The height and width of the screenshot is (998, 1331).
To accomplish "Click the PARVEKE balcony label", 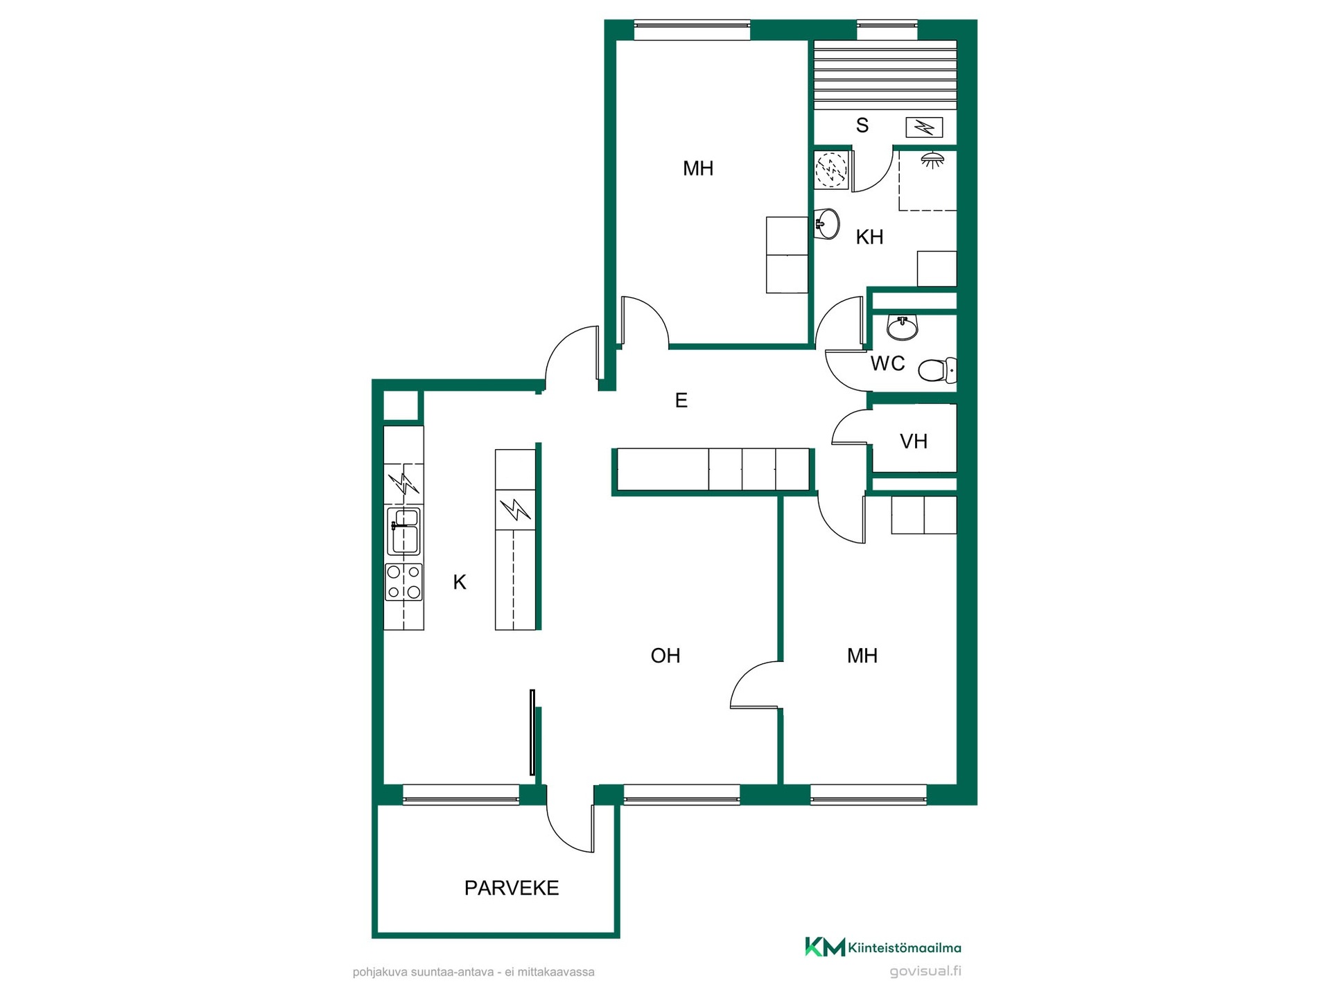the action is [x=512, y=888].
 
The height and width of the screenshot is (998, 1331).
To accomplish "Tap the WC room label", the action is [x=888, y=364].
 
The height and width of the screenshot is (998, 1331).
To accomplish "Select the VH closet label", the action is [x=914, y=441].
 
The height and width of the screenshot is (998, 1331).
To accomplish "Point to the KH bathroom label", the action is [x=869, y=237].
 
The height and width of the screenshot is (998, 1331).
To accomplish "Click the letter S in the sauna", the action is [x=862, y=125].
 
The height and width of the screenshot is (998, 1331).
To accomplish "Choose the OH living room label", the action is [x=665, y=656].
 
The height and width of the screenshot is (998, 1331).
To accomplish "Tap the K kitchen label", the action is [x=460, y=582].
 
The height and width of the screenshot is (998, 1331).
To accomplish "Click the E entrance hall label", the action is [x=681, y=400].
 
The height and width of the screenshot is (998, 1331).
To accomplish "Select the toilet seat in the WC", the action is [x=937, y=370].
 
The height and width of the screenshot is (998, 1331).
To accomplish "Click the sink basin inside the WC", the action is [x=903, y=327].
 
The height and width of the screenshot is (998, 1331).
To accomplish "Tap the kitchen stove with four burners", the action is [x=404, y=581].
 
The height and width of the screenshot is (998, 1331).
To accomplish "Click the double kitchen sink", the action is [x=404, y=531].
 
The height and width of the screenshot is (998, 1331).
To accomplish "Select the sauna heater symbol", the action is [x=924, y=128].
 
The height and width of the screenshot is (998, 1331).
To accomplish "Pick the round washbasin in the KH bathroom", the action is [x=826, y=224].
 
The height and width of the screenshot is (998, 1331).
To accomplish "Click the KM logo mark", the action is [x=825, y=947].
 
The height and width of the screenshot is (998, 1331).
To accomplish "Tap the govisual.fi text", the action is [x=925, y=971].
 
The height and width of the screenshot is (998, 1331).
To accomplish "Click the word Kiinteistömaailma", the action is [x=905, y=948].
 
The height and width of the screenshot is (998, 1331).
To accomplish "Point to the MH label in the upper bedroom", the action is [x=698, y=168].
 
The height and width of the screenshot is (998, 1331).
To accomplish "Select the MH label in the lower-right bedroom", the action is [x=862, y=656].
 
